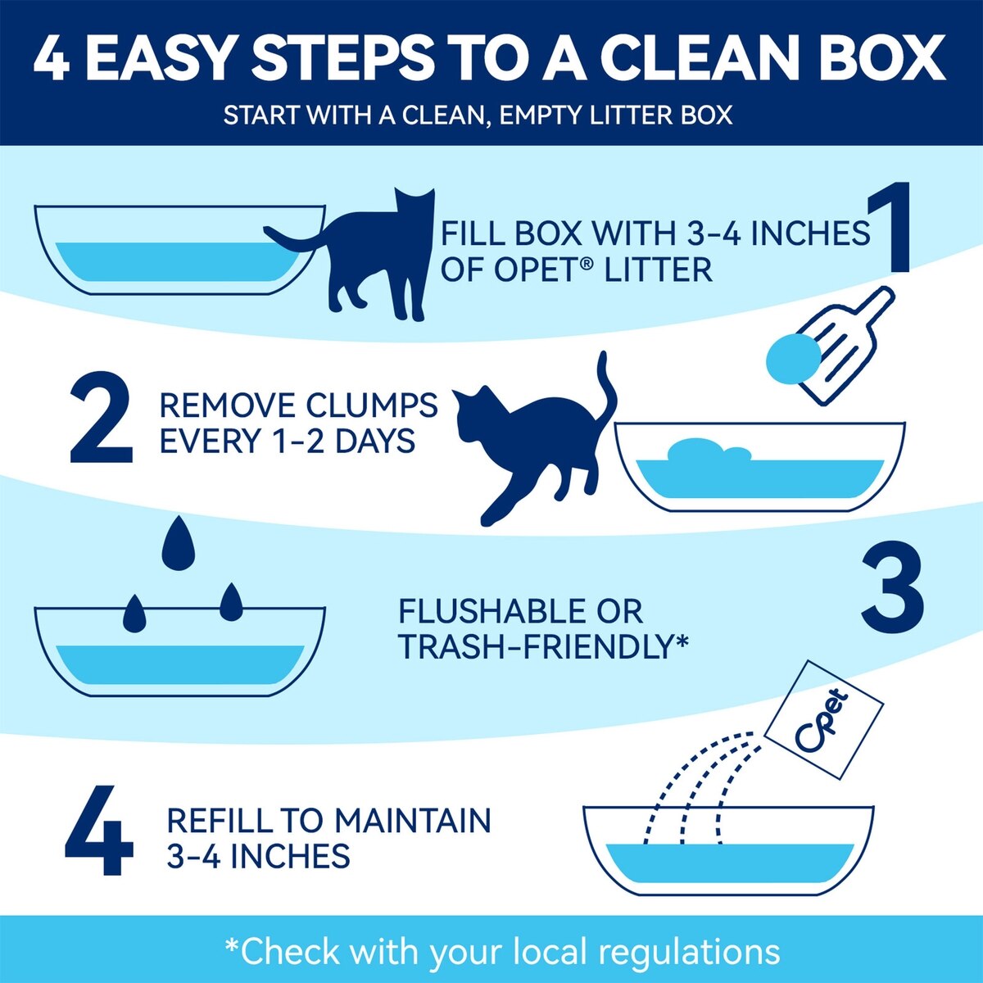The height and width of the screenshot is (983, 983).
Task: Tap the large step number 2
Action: [101, 417]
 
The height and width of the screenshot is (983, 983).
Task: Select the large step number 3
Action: [893, 587]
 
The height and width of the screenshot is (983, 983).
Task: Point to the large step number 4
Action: [99, 830]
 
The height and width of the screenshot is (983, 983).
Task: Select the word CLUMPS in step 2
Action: [371, 405]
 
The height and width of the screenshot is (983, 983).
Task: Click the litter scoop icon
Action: [846, 346]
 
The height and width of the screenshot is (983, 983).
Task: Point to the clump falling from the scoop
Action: [793, 359]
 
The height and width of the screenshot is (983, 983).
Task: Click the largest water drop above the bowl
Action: [178, 543]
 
